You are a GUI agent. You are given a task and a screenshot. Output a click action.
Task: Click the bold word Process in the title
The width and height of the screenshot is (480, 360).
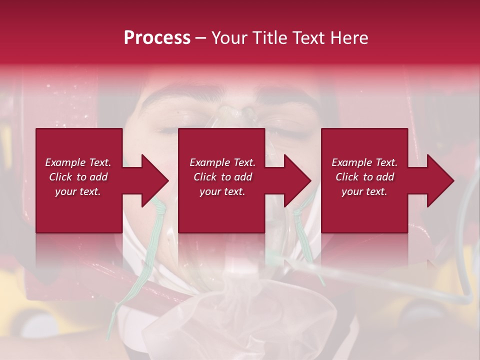point(157,38)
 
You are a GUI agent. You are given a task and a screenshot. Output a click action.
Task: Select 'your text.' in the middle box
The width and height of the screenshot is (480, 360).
point(222,191)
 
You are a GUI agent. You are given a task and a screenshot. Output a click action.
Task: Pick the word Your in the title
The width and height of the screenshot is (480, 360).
point(229,38)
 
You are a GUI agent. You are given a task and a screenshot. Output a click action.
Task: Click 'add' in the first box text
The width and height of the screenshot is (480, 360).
point(98,177)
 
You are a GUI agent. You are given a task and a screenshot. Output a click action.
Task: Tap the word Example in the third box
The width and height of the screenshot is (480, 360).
point(352,162)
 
